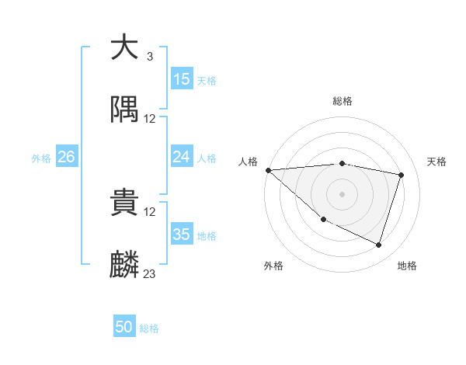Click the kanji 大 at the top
point(125,47)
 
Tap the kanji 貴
point(125,203)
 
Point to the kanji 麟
point(125,263)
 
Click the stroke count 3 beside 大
point(150,57)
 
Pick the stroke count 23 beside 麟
point(150,273)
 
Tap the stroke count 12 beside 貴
point(150,212)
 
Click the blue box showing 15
point(182,79)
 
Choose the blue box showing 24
point(182,157)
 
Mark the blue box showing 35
point(182,235)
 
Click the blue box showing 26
point(66,157)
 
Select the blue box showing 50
point(124,327)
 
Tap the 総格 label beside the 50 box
point(149,328)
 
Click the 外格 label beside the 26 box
point(41,158)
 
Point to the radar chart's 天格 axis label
point(436,162)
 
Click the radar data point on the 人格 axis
point(268,170)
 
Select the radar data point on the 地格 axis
point(378,245)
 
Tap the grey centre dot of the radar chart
point(342,193)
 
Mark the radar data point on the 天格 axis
point(401,175)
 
